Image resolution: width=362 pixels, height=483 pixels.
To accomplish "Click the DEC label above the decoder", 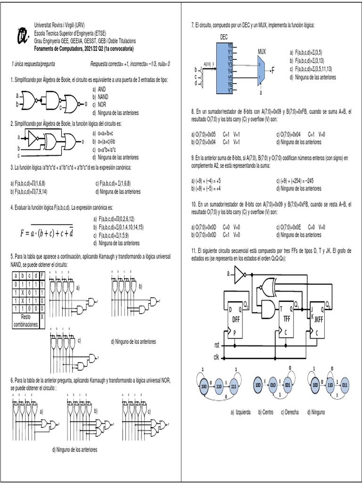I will [x=224, y=37].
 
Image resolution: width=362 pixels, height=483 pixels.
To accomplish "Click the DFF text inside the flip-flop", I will [x=236, y=319].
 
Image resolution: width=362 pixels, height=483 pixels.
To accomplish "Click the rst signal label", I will [x=217, y=346].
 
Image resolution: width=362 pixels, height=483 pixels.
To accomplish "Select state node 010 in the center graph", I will [x=274, y=385].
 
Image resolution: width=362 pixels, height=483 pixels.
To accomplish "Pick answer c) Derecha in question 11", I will [x=289, y=412].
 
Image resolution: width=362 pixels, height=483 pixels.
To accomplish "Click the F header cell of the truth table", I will [x=42, y=276].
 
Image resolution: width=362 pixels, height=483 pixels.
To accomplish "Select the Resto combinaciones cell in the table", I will [x=25, y=321].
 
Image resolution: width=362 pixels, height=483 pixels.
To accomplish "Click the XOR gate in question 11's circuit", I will [x=269, y=285].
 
